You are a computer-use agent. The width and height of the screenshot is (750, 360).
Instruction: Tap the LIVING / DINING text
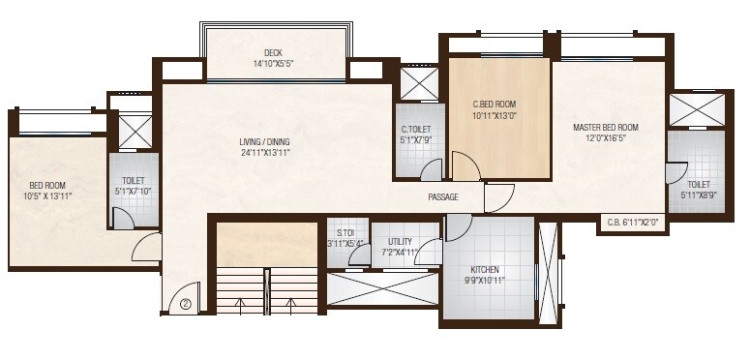click(x=265, y=142)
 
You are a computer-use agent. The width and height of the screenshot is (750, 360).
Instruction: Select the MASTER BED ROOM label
click(x=605, y=127)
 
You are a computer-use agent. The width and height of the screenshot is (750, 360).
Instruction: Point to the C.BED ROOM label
click(x=494, y=104)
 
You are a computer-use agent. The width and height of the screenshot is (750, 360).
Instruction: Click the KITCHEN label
click(x=484, y=268)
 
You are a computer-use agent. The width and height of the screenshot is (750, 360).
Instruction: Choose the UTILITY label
click(x=400, y=242)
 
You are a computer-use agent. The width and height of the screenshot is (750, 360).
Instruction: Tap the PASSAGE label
click(x=443, y=197)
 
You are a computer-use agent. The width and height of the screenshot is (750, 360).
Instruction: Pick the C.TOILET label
click(x=416, y=129)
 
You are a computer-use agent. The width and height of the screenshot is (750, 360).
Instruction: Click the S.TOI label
click(x=345, y=232)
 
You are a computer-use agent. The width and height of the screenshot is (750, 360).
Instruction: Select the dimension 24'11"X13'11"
click(x=265, y=153)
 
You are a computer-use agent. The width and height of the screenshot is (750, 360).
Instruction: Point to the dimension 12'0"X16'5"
click(x=605, y=137)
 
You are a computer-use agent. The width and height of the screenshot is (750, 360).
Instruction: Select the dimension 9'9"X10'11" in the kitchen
click(x=484, y=280)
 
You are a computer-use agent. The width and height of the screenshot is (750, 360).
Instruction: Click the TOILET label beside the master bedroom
click(x=697, y=184)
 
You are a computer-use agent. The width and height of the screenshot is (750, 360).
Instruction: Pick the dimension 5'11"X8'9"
click(x=697, y=195)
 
